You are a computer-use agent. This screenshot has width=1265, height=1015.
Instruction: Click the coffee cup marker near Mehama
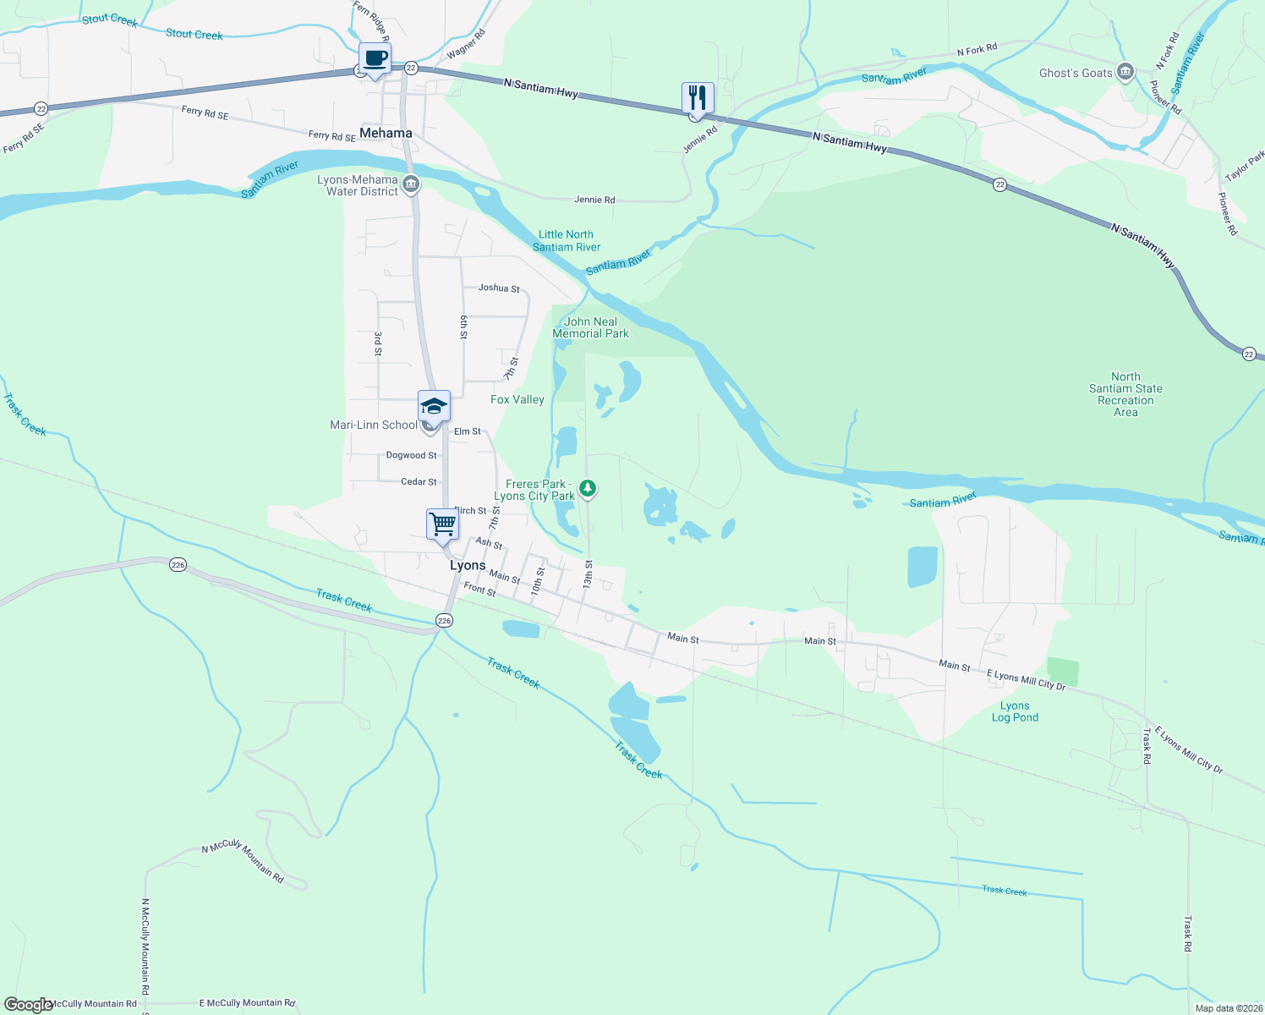[375, 59]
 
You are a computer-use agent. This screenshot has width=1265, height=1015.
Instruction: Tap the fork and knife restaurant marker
[698, 98]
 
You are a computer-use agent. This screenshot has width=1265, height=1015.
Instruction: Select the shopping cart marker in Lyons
[442, 524]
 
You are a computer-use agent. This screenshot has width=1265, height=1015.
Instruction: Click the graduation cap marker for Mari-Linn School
[434, 406]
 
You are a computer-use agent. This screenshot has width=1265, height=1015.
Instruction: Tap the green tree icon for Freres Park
[588, 488]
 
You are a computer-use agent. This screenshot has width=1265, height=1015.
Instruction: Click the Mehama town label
[386, 133]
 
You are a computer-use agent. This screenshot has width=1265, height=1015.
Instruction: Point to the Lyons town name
[468, 565]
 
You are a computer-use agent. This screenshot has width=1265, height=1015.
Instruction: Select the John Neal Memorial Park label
[590, 327]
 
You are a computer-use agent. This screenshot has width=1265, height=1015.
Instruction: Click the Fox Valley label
[517, 399]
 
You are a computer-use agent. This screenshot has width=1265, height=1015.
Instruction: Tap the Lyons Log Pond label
[1015, 711]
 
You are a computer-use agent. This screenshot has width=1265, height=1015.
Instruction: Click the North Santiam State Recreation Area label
[1125, 394]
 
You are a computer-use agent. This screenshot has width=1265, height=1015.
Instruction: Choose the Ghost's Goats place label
[1076, 74]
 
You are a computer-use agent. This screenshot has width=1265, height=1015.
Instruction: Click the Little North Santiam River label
[567, 241]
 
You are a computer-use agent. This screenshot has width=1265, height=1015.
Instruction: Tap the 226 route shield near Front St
[444, 621]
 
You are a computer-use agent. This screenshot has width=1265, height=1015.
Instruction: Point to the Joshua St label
[499, 288]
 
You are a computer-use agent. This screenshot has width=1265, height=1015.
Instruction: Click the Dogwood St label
[411, 455]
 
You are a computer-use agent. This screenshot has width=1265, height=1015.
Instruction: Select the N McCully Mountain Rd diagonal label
[243, 861]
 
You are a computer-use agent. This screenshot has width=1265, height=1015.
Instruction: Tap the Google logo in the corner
[28, 1004]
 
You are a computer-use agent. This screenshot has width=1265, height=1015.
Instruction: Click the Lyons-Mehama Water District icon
[411, 184]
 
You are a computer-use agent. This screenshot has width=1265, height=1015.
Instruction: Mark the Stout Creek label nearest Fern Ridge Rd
[194, 35]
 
